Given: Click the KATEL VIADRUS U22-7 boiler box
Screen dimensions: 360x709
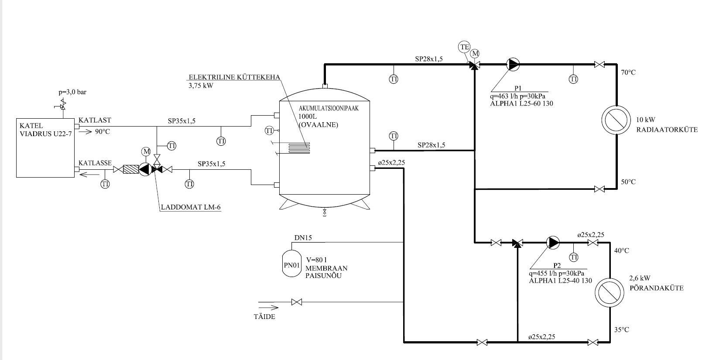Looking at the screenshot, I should (45, 147).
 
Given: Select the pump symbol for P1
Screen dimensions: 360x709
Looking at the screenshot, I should (513, 65).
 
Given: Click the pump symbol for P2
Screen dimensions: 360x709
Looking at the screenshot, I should (552, 242).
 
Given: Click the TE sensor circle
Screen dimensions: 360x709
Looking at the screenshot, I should (464, 47).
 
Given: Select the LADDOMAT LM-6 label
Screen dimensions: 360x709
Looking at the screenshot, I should (190, 208).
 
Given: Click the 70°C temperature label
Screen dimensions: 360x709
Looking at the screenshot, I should (628, 72).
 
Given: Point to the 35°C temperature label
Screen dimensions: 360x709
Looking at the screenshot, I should (622, 330).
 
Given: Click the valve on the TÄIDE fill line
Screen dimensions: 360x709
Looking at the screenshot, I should (297, 302).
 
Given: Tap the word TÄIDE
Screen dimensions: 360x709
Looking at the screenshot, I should (264, 316).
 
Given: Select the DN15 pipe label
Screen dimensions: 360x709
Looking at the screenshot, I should (303, 238).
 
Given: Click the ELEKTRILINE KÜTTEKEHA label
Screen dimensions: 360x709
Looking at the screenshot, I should (234, 78).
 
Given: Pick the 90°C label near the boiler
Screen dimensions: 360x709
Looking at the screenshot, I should (103, 131).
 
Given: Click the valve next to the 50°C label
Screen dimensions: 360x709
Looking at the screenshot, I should (599, 189).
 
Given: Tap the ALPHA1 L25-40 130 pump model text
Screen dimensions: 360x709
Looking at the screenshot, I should (560, 281).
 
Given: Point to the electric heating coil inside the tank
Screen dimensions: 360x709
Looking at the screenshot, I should (299, 147).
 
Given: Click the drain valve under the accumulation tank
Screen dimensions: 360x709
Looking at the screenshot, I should (324, 213).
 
